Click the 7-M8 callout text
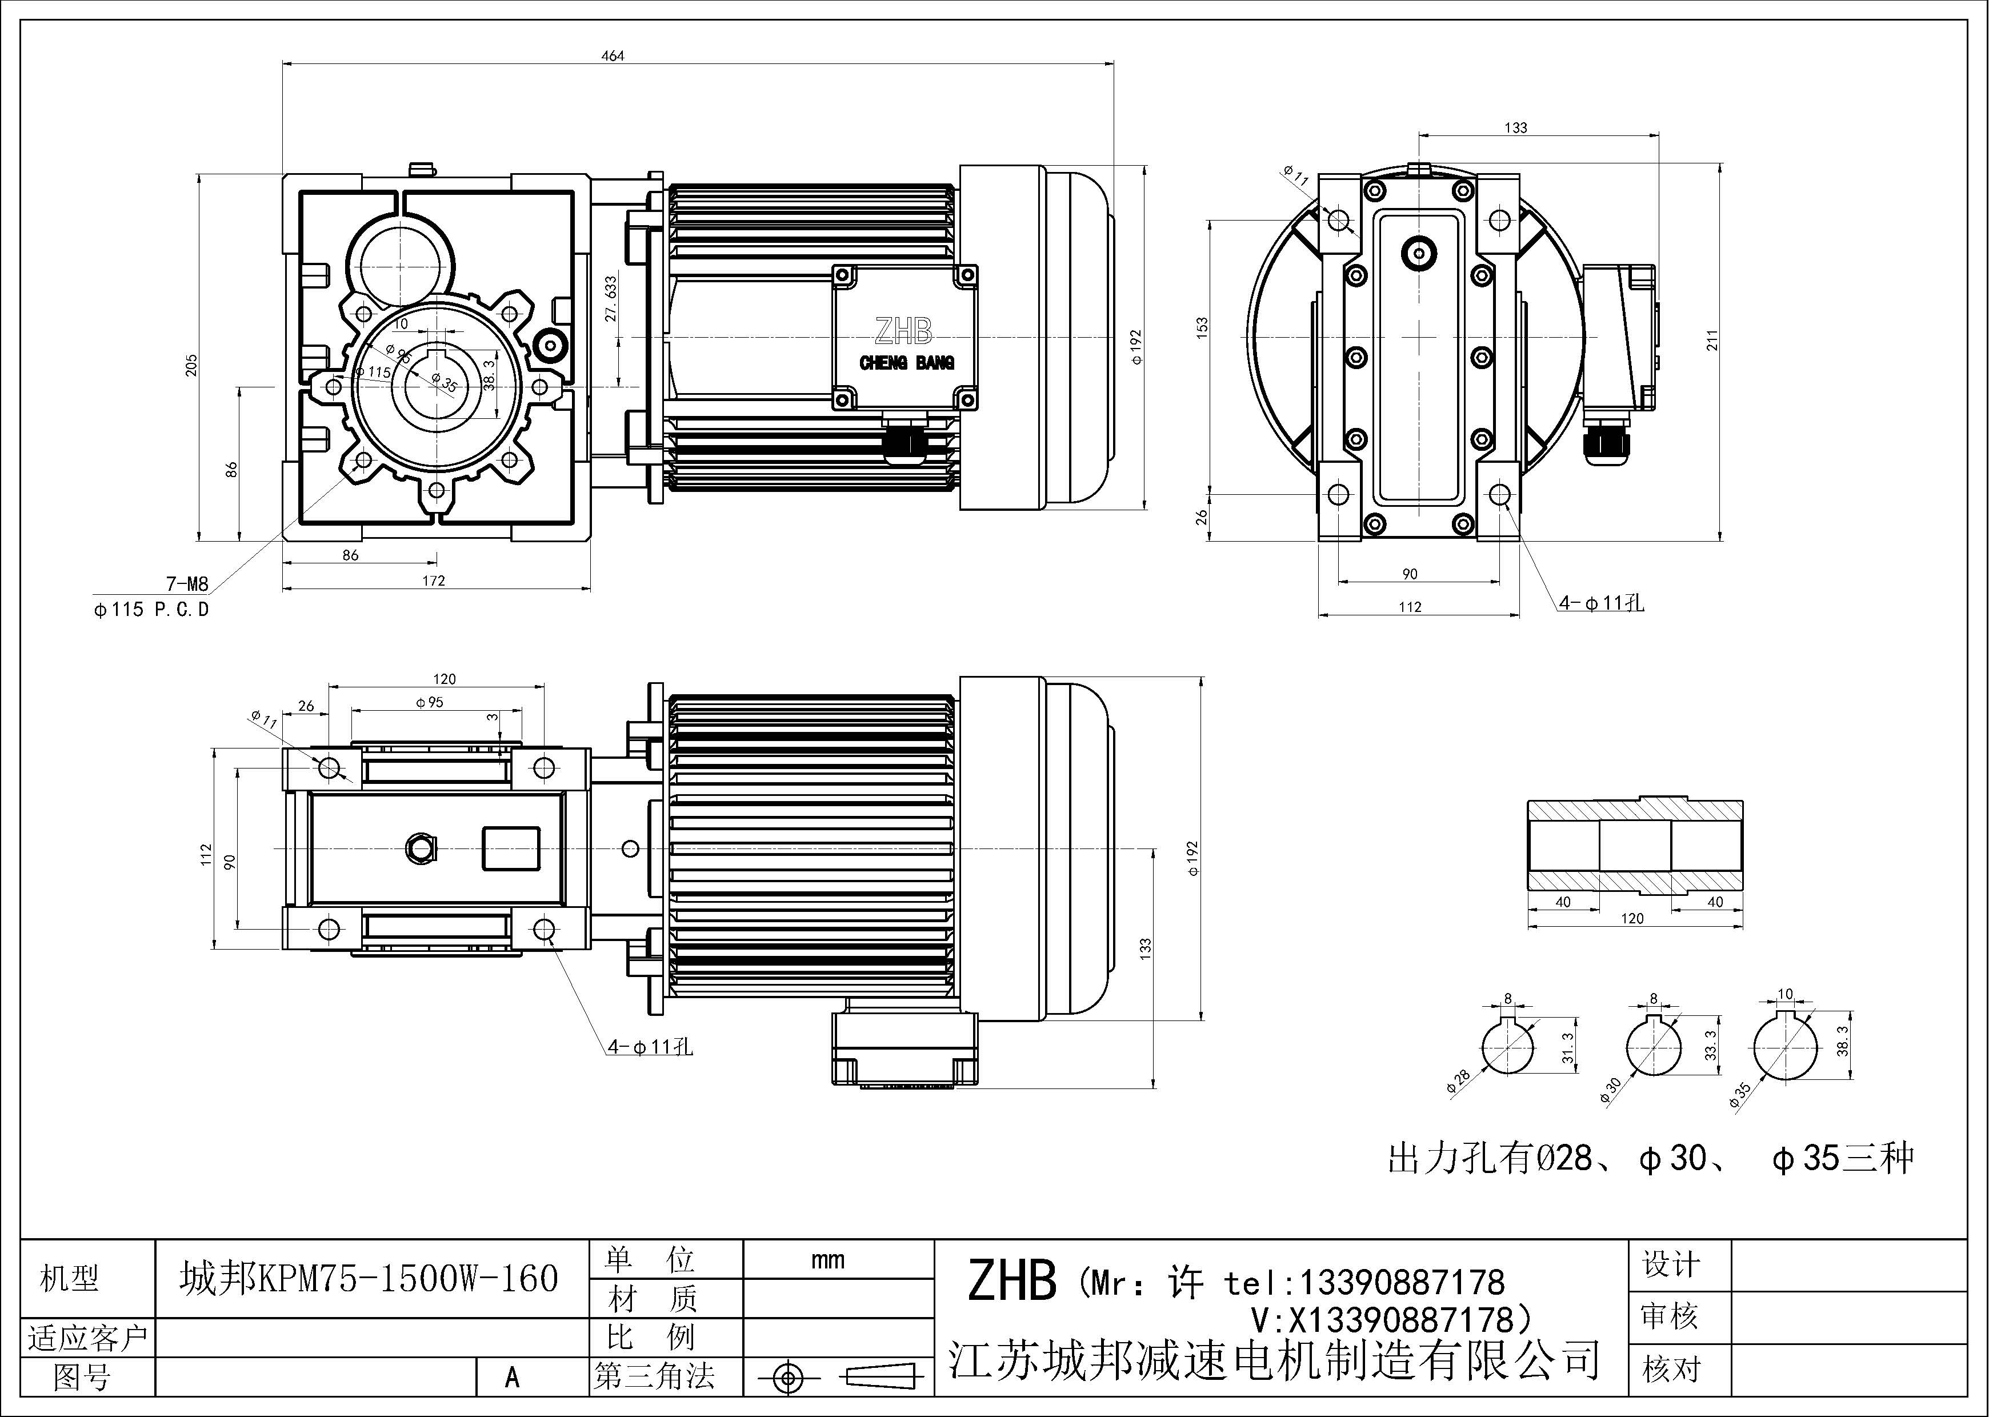[x=187, y=584]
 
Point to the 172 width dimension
[x=434, y=581]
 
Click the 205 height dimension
[x=191, y=365]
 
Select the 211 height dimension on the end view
[x=1711, y=341]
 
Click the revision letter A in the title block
[x=513, y=1378]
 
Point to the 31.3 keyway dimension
[x=1567, y=1048]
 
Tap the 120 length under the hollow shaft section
[x=1631, y=918]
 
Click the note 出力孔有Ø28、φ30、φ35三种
[x=1651, y=1159]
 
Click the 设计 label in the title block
[x=1671, y=1264]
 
